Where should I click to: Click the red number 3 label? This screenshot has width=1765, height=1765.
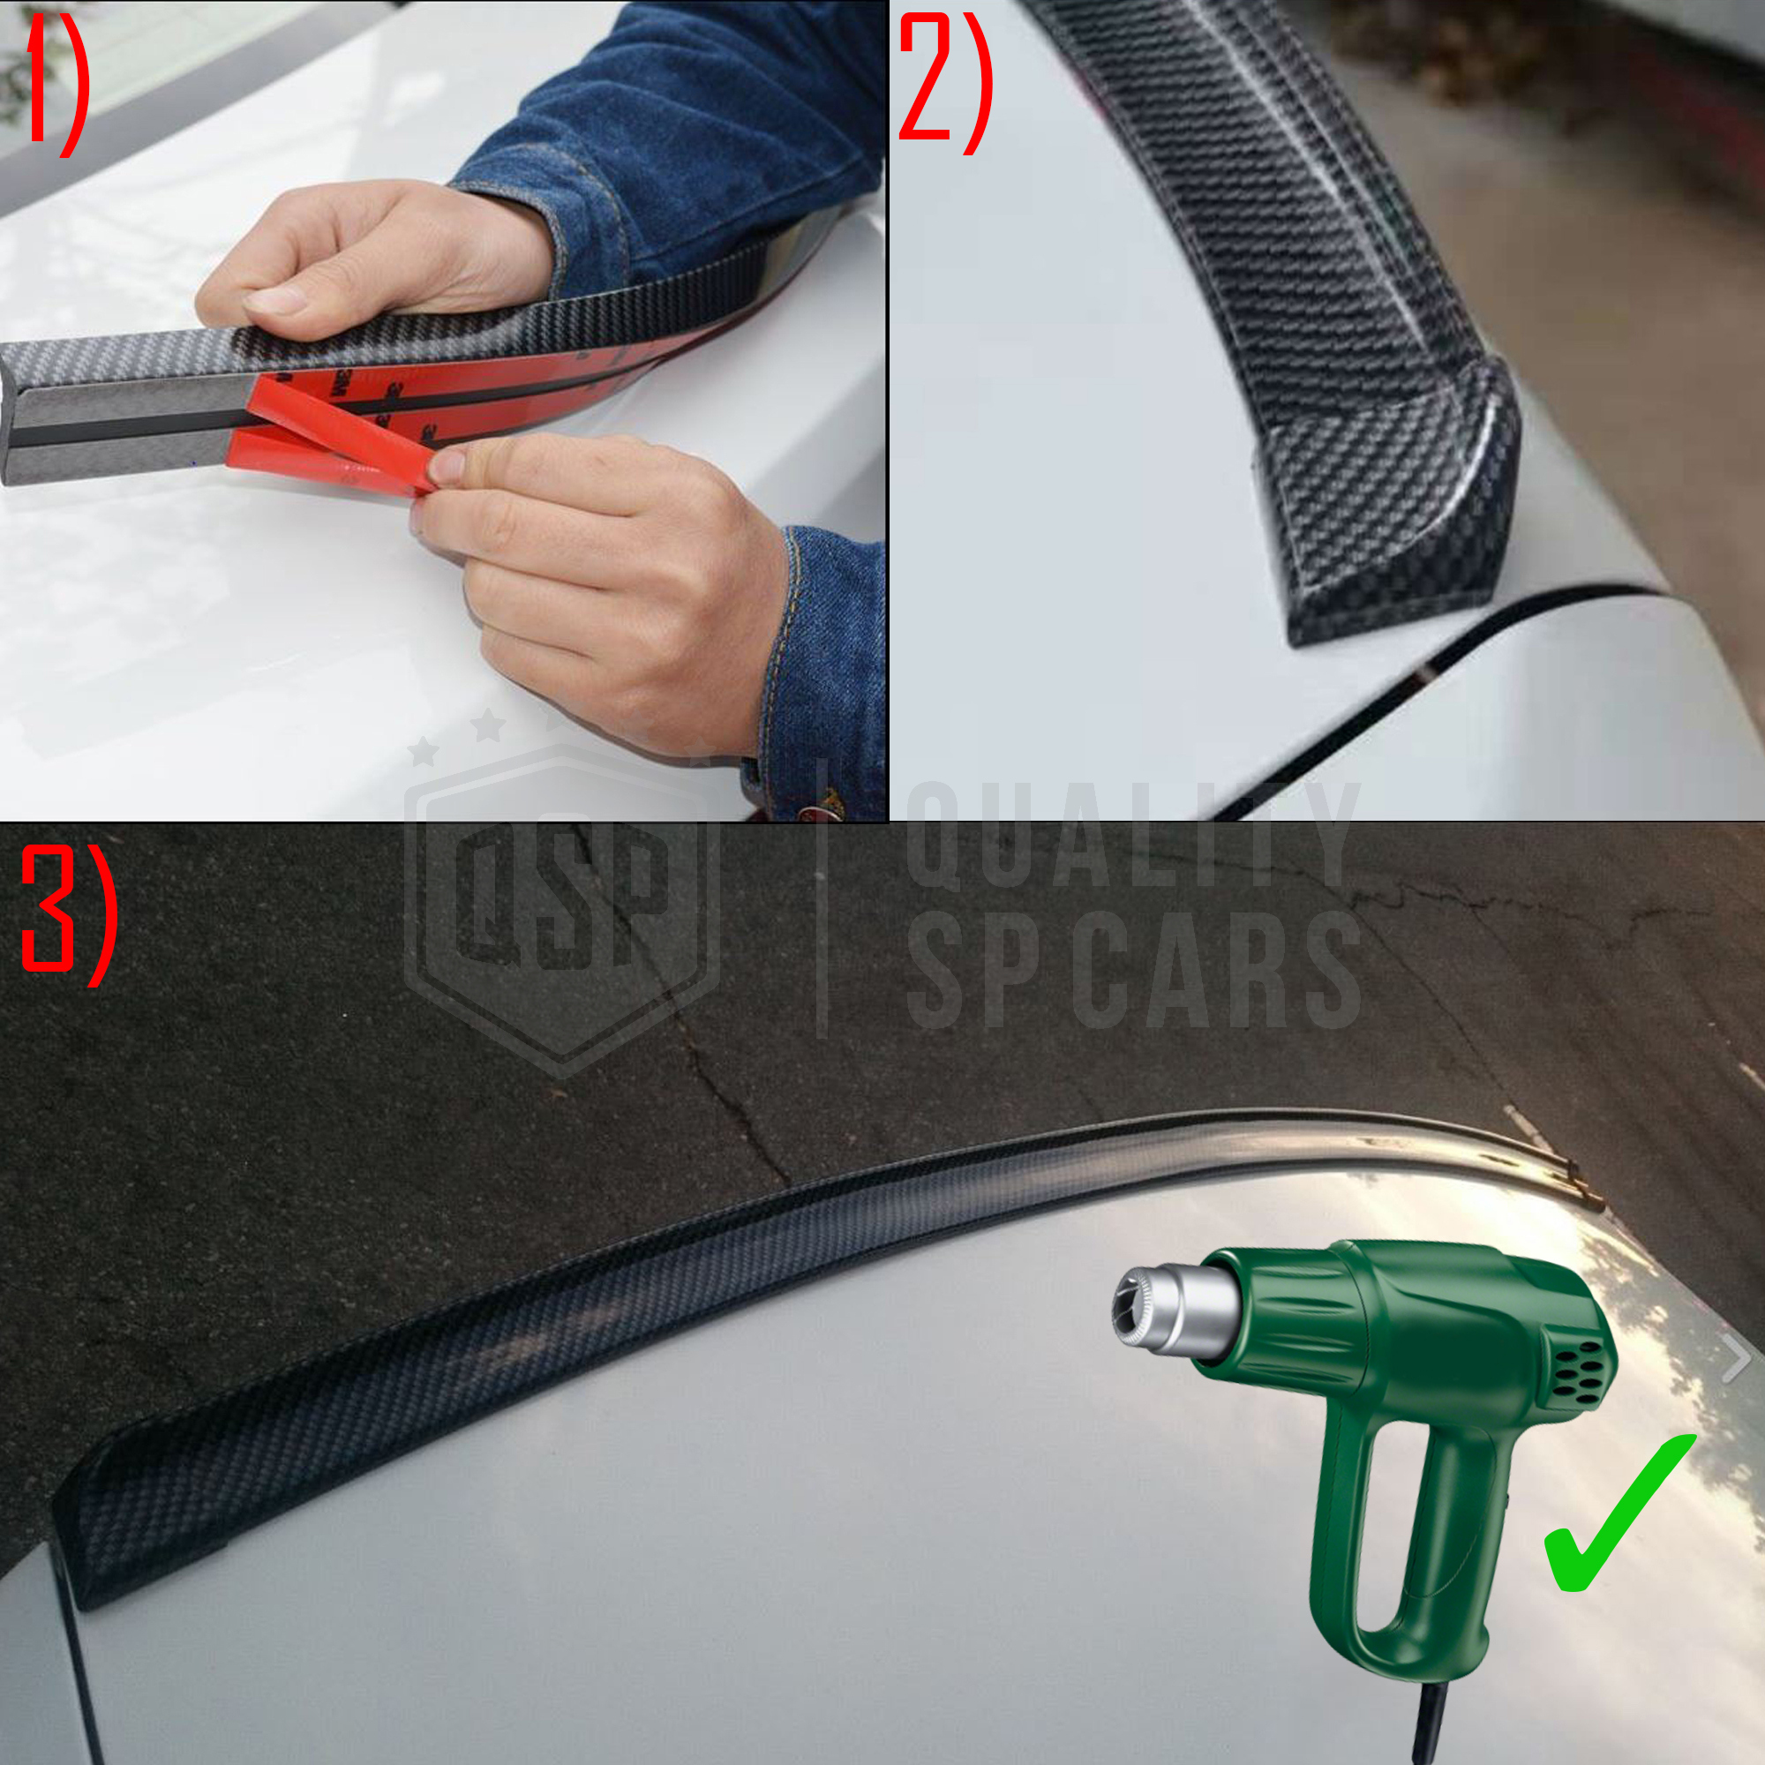pyautogui.click(x=68, y=913)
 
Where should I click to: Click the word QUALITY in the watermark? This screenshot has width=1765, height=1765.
pyautogui.click(x=1133, y=834)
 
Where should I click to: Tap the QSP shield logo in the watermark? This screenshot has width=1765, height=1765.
pyautogui.click(x=562, y=905)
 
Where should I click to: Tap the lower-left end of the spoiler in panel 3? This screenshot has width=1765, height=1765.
pyautogui.click(x=73, y=1553)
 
